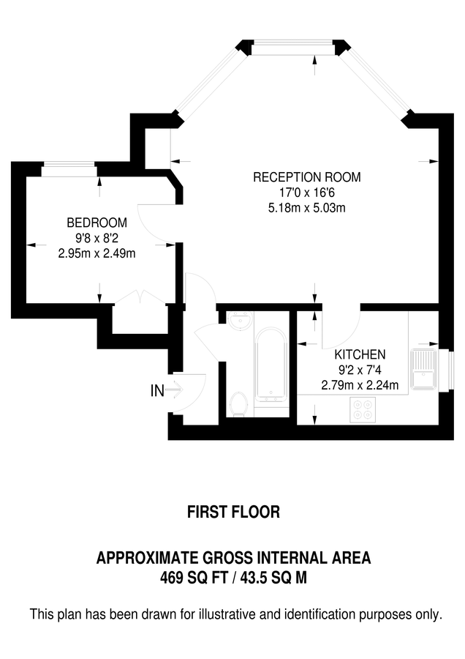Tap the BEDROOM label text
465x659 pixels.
click(97, 223)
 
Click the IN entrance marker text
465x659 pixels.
click(156, 392)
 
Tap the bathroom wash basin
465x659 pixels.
click(238, 321)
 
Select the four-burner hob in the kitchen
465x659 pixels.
click(363, 409)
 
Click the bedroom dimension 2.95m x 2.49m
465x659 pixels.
click(97, 253)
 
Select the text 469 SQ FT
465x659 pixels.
click(192, 577)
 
